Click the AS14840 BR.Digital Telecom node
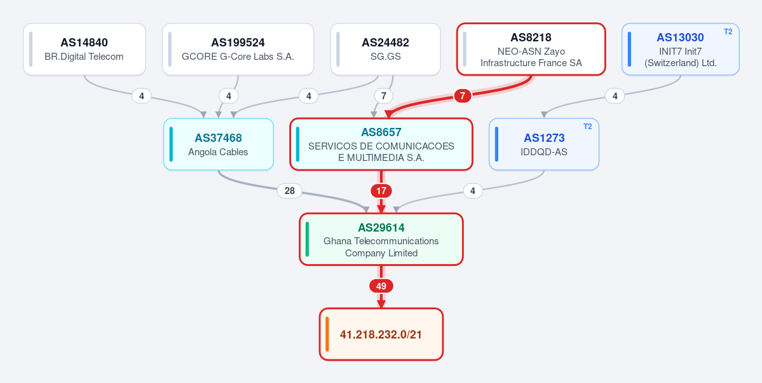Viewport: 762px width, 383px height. (85, 49)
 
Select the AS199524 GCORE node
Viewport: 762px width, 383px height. (238, 49)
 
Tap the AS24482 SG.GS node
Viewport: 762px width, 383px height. (385, 49)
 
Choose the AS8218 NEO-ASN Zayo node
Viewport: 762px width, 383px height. (531, 49)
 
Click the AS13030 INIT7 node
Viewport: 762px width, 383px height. (681, 49)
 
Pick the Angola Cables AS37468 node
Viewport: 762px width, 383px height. (218, 144)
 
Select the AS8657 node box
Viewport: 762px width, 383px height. (381, 144)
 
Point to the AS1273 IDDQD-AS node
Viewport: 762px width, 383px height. (544, 144)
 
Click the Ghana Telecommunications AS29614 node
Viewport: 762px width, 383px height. (381, 239)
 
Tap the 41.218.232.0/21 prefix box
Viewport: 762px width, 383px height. (381, 335)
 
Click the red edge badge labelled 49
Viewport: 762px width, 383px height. (381, 286)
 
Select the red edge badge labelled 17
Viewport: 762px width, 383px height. (381, 191)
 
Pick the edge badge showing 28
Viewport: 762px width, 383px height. (290, 191)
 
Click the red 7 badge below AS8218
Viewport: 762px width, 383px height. (463, 96)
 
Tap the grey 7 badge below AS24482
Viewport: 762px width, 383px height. (384, 96)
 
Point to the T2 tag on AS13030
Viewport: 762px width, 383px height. (728, 32)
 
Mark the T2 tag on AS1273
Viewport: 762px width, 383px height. (587, 127)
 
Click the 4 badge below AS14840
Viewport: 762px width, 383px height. (142, 96)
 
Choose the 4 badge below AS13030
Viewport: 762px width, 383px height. (615, 96)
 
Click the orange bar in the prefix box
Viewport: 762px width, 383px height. (327, 335)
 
